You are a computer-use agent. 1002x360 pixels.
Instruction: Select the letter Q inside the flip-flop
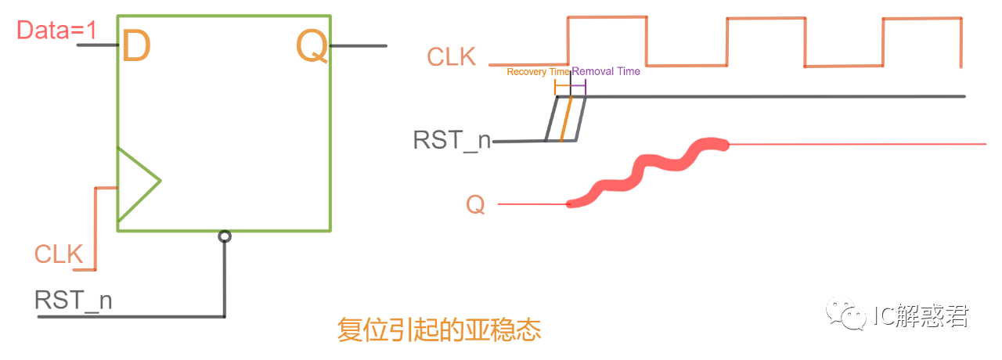[x=312, y=48]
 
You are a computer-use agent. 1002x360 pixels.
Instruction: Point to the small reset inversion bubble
[x=225, y=236]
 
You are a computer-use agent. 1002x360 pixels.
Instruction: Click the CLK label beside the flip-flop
[x=59, y=254]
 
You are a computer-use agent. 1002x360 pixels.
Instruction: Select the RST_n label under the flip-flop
[x=74, y=301]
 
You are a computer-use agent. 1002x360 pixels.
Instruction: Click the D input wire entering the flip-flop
[x=97, y=46]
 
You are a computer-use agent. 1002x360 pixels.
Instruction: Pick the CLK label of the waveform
[x=451, y=57]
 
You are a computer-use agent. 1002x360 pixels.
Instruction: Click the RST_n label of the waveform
[x=452, y=141]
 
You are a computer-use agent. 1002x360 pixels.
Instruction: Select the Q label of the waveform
[x=475, y=205]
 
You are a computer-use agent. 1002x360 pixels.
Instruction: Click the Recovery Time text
[x=538, y=72]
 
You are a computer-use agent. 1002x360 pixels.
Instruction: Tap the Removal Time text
[x=606, y=72]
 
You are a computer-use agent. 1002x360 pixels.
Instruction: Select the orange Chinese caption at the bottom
[x=439, y=329]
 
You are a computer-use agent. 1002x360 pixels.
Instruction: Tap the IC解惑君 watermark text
[x=921, y=315]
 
